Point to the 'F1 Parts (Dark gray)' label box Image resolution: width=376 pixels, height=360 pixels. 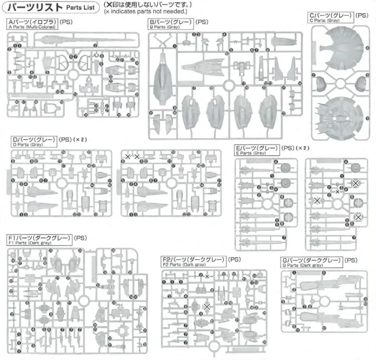[40, 240]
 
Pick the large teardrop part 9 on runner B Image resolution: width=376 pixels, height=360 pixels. [163, 77]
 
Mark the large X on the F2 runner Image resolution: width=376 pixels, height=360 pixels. [207, 306]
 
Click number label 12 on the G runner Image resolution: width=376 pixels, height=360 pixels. [324, 328]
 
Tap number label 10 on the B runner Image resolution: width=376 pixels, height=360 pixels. [227, 53]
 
